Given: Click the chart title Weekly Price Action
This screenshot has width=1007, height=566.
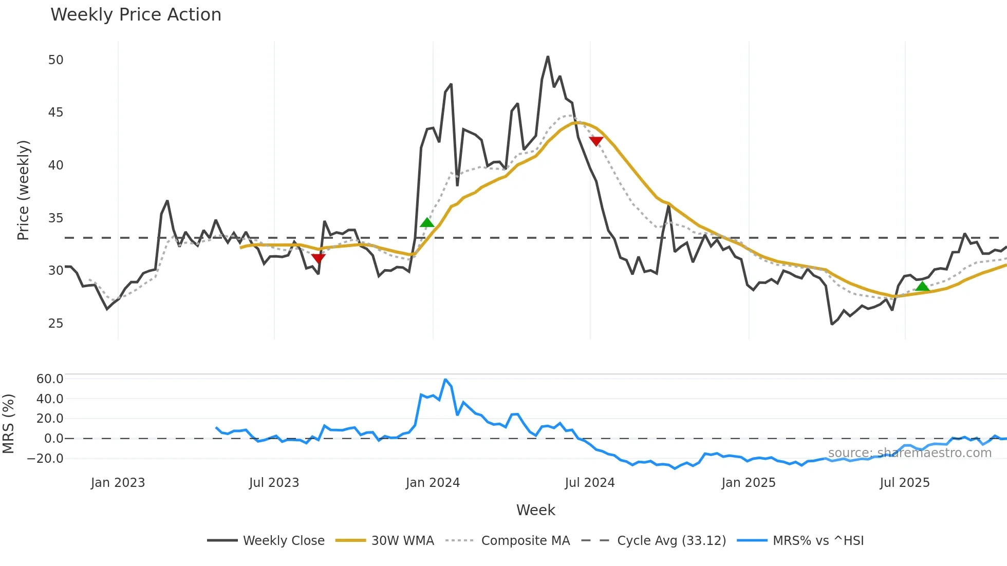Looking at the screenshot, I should tap(136, 15).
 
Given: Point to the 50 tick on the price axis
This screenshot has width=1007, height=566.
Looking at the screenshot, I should tap(55, 60).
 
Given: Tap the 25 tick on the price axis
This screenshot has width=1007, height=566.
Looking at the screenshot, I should tap(55, 324).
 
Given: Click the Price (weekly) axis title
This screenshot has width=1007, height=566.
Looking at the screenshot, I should tap(23, 190).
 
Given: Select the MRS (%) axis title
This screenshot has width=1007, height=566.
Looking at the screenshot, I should tap(8, 424).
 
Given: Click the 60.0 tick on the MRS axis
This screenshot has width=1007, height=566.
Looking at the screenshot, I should tap(50, 379).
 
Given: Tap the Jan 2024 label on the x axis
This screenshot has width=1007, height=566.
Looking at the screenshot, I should tap(433, 483).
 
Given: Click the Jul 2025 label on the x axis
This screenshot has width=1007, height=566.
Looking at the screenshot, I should tap(904, 483).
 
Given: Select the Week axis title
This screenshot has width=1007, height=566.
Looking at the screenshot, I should tap(535, 510).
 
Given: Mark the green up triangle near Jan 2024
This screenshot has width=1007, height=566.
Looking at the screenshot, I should tap(427, 223).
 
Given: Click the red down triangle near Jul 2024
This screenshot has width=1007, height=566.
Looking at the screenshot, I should tap(596, 141).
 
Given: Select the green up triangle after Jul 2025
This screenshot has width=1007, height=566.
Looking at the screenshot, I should tap(922, 287).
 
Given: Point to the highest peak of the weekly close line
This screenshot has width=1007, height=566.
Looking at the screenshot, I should tap(548, 57).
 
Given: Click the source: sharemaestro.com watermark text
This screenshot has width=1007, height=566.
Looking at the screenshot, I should tap(909, 453).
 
